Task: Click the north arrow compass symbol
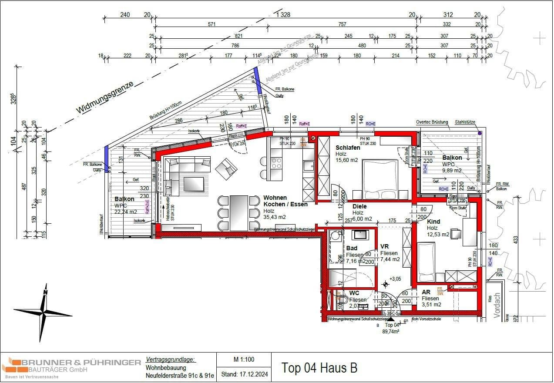pos(44,312)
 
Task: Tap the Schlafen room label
pos(347,148)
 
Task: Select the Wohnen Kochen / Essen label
pos(285,201)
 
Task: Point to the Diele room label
pos(359,206)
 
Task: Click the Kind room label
pos(433,222)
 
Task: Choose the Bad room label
pos(352,248)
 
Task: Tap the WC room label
pos(354,293)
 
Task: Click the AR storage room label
pos(426,292)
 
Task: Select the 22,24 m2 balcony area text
pos(126,212)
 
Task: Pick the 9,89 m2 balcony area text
pos(452,171)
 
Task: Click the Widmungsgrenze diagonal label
pos(104,98)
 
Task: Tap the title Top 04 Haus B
pos(319,368)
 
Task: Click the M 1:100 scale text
pos(244,359)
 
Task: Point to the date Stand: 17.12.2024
pos(244,374)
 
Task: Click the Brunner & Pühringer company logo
pos(71,367)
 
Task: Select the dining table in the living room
pos(238,213)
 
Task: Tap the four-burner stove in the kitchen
pos(277,163)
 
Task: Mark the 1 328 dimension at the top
pos(283,15)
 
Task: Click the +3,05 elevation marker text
pos(395,279)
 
